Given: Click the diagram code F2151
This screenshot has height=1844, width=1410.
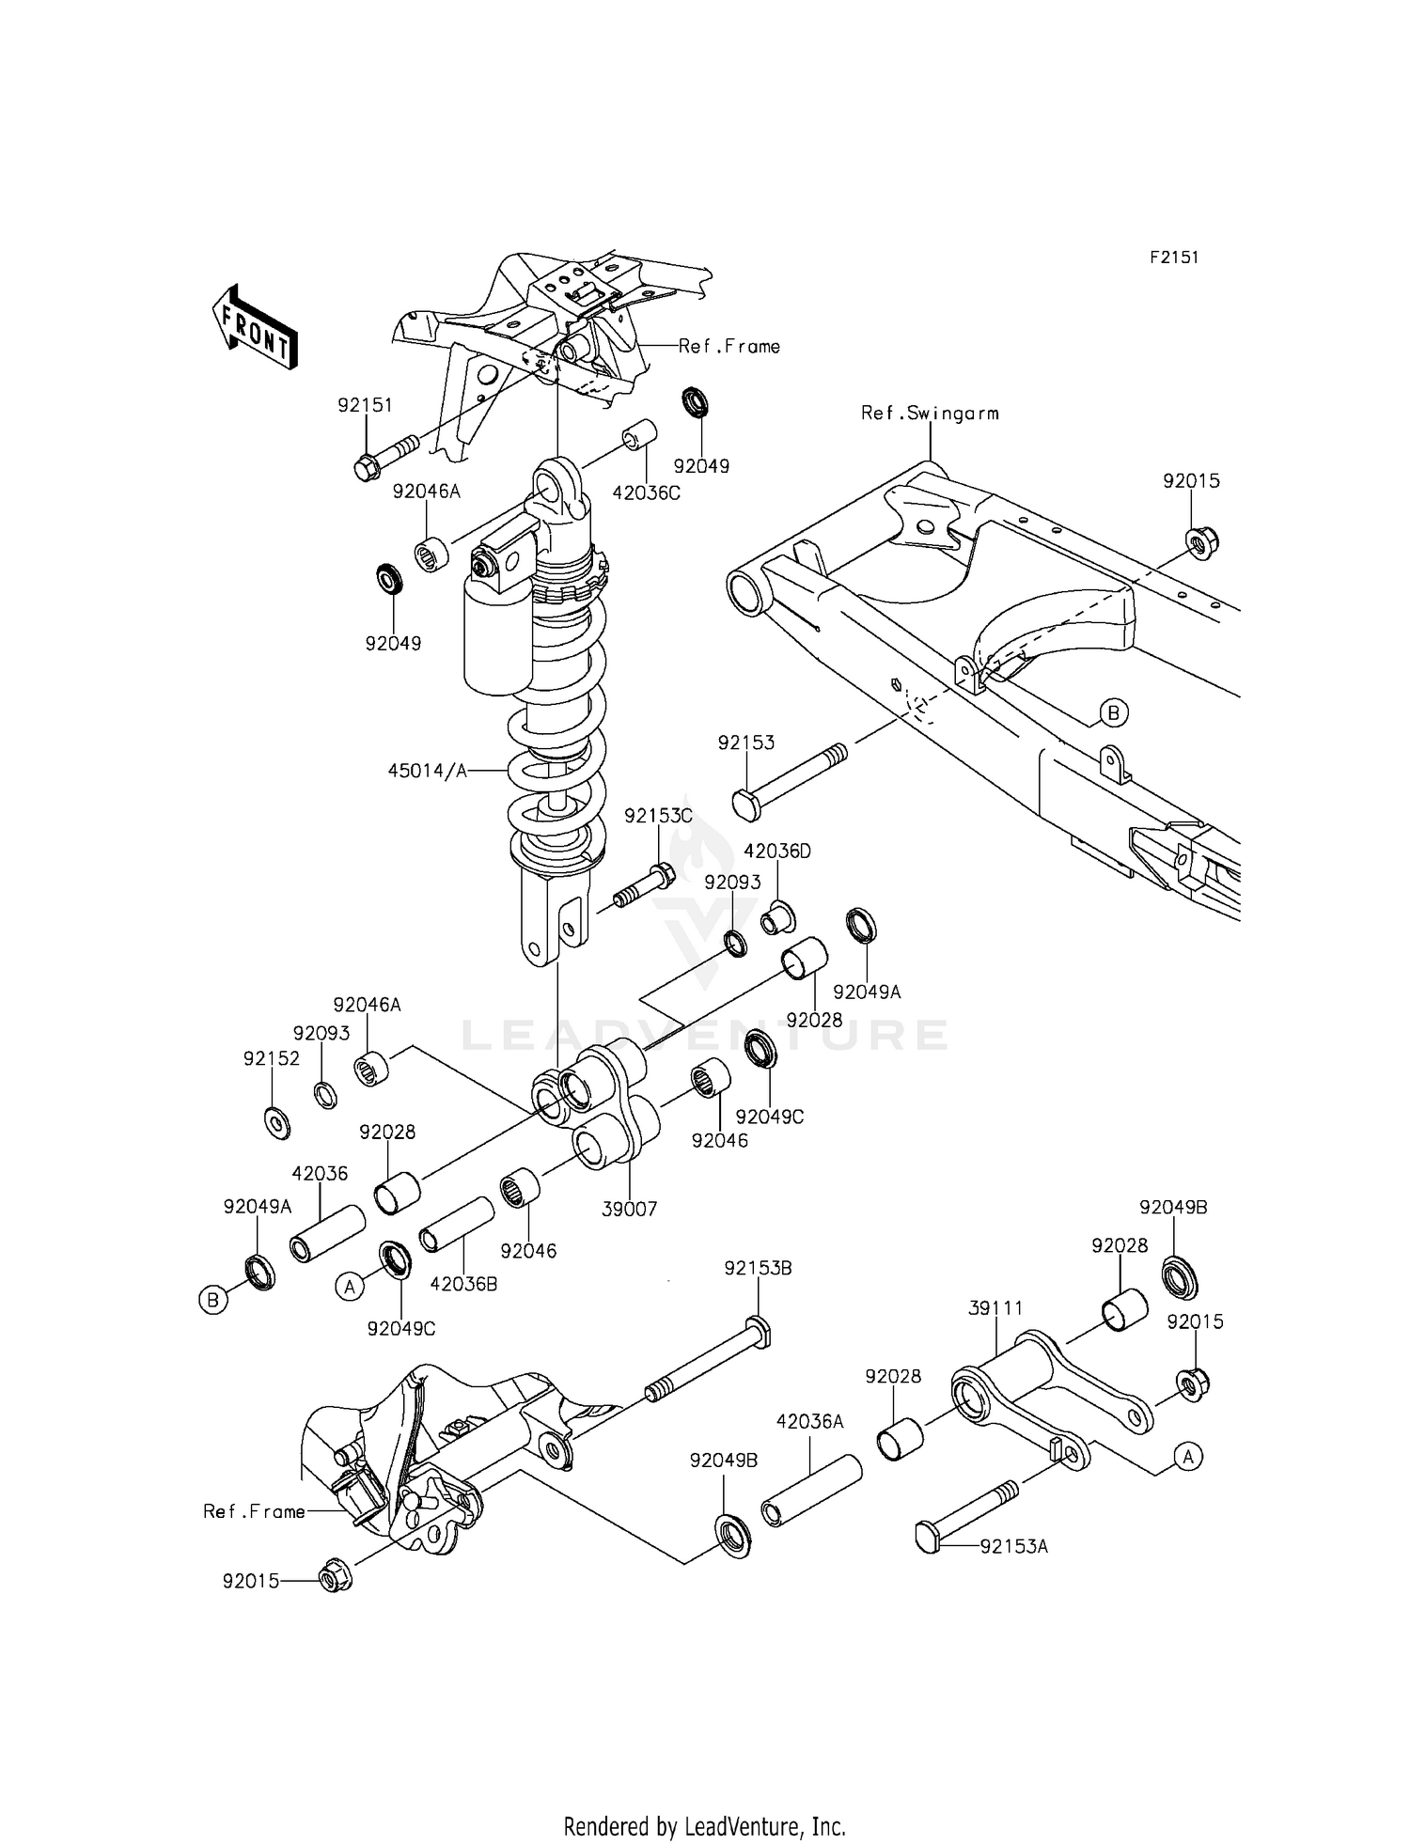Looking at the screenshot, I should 1174,258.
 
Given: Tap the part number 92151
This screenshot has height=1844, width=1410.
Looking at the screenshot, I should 365,405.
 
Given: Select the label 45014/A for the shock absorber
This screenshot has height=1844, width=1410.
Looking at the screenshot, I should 427,771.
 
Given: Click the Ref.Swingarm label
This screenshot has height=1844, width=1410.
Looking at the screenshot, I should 930,413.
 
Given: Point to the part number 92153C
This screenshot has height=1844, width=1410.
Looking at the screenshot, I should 658,817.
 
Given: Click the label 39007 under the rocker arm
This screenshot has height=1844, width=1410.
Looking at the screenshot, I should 629,1210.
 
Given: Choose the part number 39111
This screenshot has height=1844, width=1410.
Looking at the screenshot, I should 995,1308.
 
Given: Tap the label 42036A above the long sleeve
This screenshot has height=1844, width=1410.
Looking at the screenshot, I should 809,1423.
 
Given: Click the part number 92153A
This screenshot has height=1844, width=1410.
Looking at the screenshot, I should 1013,1546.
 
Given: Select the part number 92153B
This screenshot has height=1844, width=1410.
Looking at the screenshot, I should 758,1268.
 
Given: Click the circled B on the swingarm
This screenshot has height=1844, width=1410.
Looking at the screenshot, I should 1113,713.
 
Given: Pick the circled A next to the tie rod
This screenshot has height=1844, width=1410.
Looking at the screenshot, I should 1188,1457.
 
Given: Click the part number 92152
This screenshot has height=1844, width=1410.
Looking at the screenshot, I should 271,1058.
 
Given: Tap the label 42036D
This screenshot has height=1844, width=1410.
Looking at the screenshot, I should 776,852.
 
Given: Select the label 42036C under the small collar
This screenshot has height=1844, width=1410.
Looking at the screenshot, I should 646,492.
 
